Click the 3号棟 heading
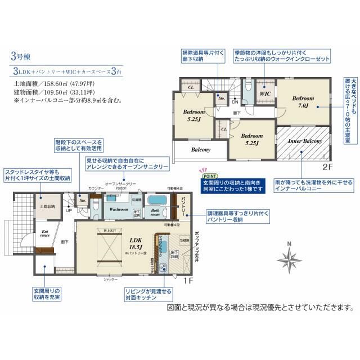[x=21, y=57]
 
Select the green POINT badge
[x=204, y=175]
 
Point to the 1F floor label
[x=189, y=280]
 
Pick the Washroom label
[x=120, y=209]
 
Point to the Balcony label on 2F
[x=200, y=150]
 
